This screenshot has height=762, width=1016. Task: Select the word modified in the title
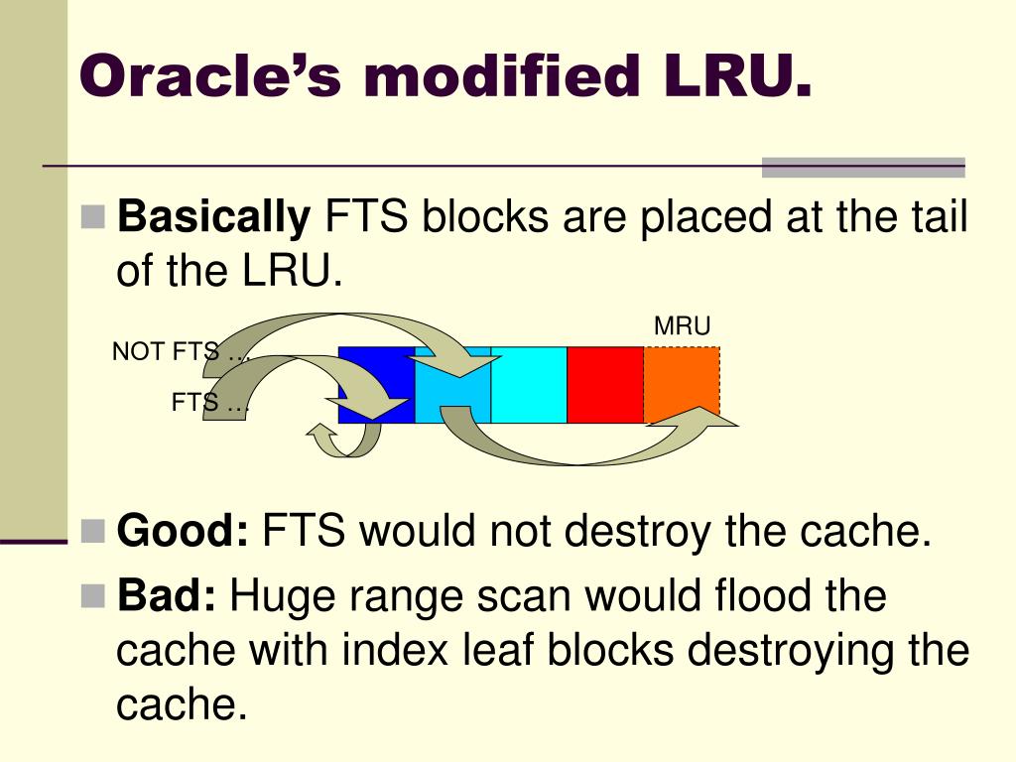[500, 76]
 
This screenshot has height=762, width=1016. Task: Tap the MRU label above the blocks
[683, 326]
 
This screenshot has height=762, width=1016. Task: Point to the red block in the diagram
[605, 385]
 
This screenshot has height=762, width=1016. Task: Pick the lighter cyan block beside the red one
[529, 385]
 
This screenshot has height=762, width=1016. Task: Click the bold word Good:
[184, 533]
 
